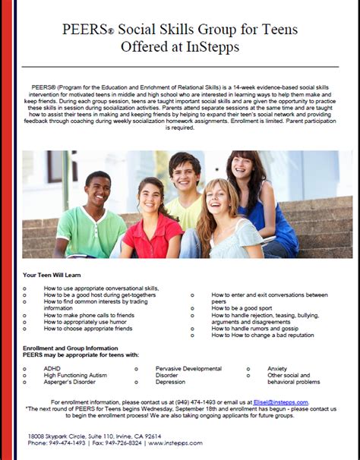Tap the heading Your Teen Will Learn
pos(57,275)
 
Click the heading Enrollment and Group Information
pos(73,346)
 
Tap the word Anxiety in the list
pos(277,368)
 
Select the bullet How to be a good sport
pos(242,308)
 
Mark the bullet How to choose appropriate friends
pos(87,329)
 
